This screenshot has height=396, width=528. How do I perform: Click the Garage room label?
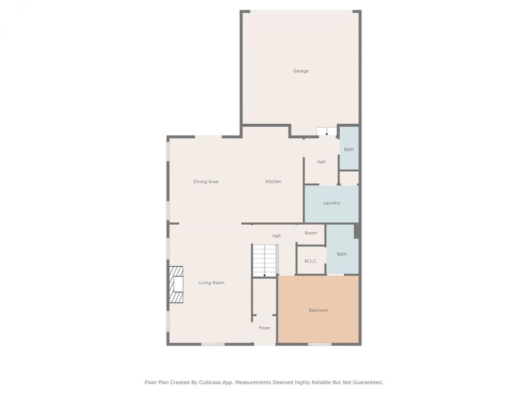click(x=300, y=71)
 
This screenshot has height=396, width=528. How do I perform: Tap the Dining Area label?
click(x=206, y=181)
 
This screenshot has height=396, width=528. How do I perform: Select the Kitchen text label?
click(x=273, y=181)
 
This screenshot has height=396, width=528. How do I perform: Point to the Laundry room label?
click(x=331, y=203)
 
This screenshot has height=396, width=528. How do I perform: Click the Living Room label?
click(x=211, y=283)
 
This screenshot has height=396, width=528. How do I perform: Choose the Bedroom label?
click(x=318, y=310)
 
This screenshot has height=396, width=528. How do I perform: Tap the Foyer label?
click(x=265, y=328)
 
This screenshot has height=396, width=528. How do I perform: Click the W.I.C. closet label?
click(x=310, y=261)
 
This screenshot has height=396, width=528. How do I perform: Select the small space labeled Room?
click(x=310, y=233)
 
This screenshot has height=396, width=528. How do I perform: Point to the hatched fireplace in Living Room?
click(x=176, y=285)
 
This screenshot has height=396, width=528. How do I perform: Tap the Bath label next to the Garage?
click(x=349, y=149)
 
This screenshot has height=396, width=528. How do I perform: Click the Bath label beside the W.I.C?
click(x=341, y=254)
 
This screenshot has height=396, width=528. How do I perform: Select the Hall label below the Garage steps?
click(x=321, y=162)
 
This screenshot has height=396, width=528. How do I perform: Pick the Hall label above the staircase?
click(x=276, y=236)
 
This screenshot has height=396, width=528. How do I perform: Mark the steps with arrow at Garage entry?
click(x=327, y=131)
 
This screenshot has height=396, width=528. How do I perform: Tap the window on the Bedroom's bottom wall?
click(x=319, y=344)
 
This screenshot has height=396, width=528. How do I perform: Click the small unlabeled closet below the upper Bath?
click(x=349, y=178)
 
